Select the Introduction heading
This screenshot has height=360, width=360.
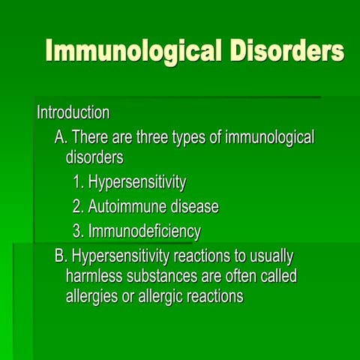(73, 113)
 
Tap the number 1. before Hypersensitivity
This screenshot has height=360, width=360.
(78, 181)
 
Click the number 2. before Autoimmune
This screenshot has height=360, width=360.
(78, 206)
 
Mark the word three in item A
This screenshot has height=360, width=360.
(145, 138)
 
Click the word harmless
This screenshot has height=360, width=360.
(95, 276)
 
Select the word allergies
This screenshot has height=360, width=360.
(93, 296)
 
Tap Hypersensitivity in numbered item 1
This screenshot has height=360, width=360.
(136, 182)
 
